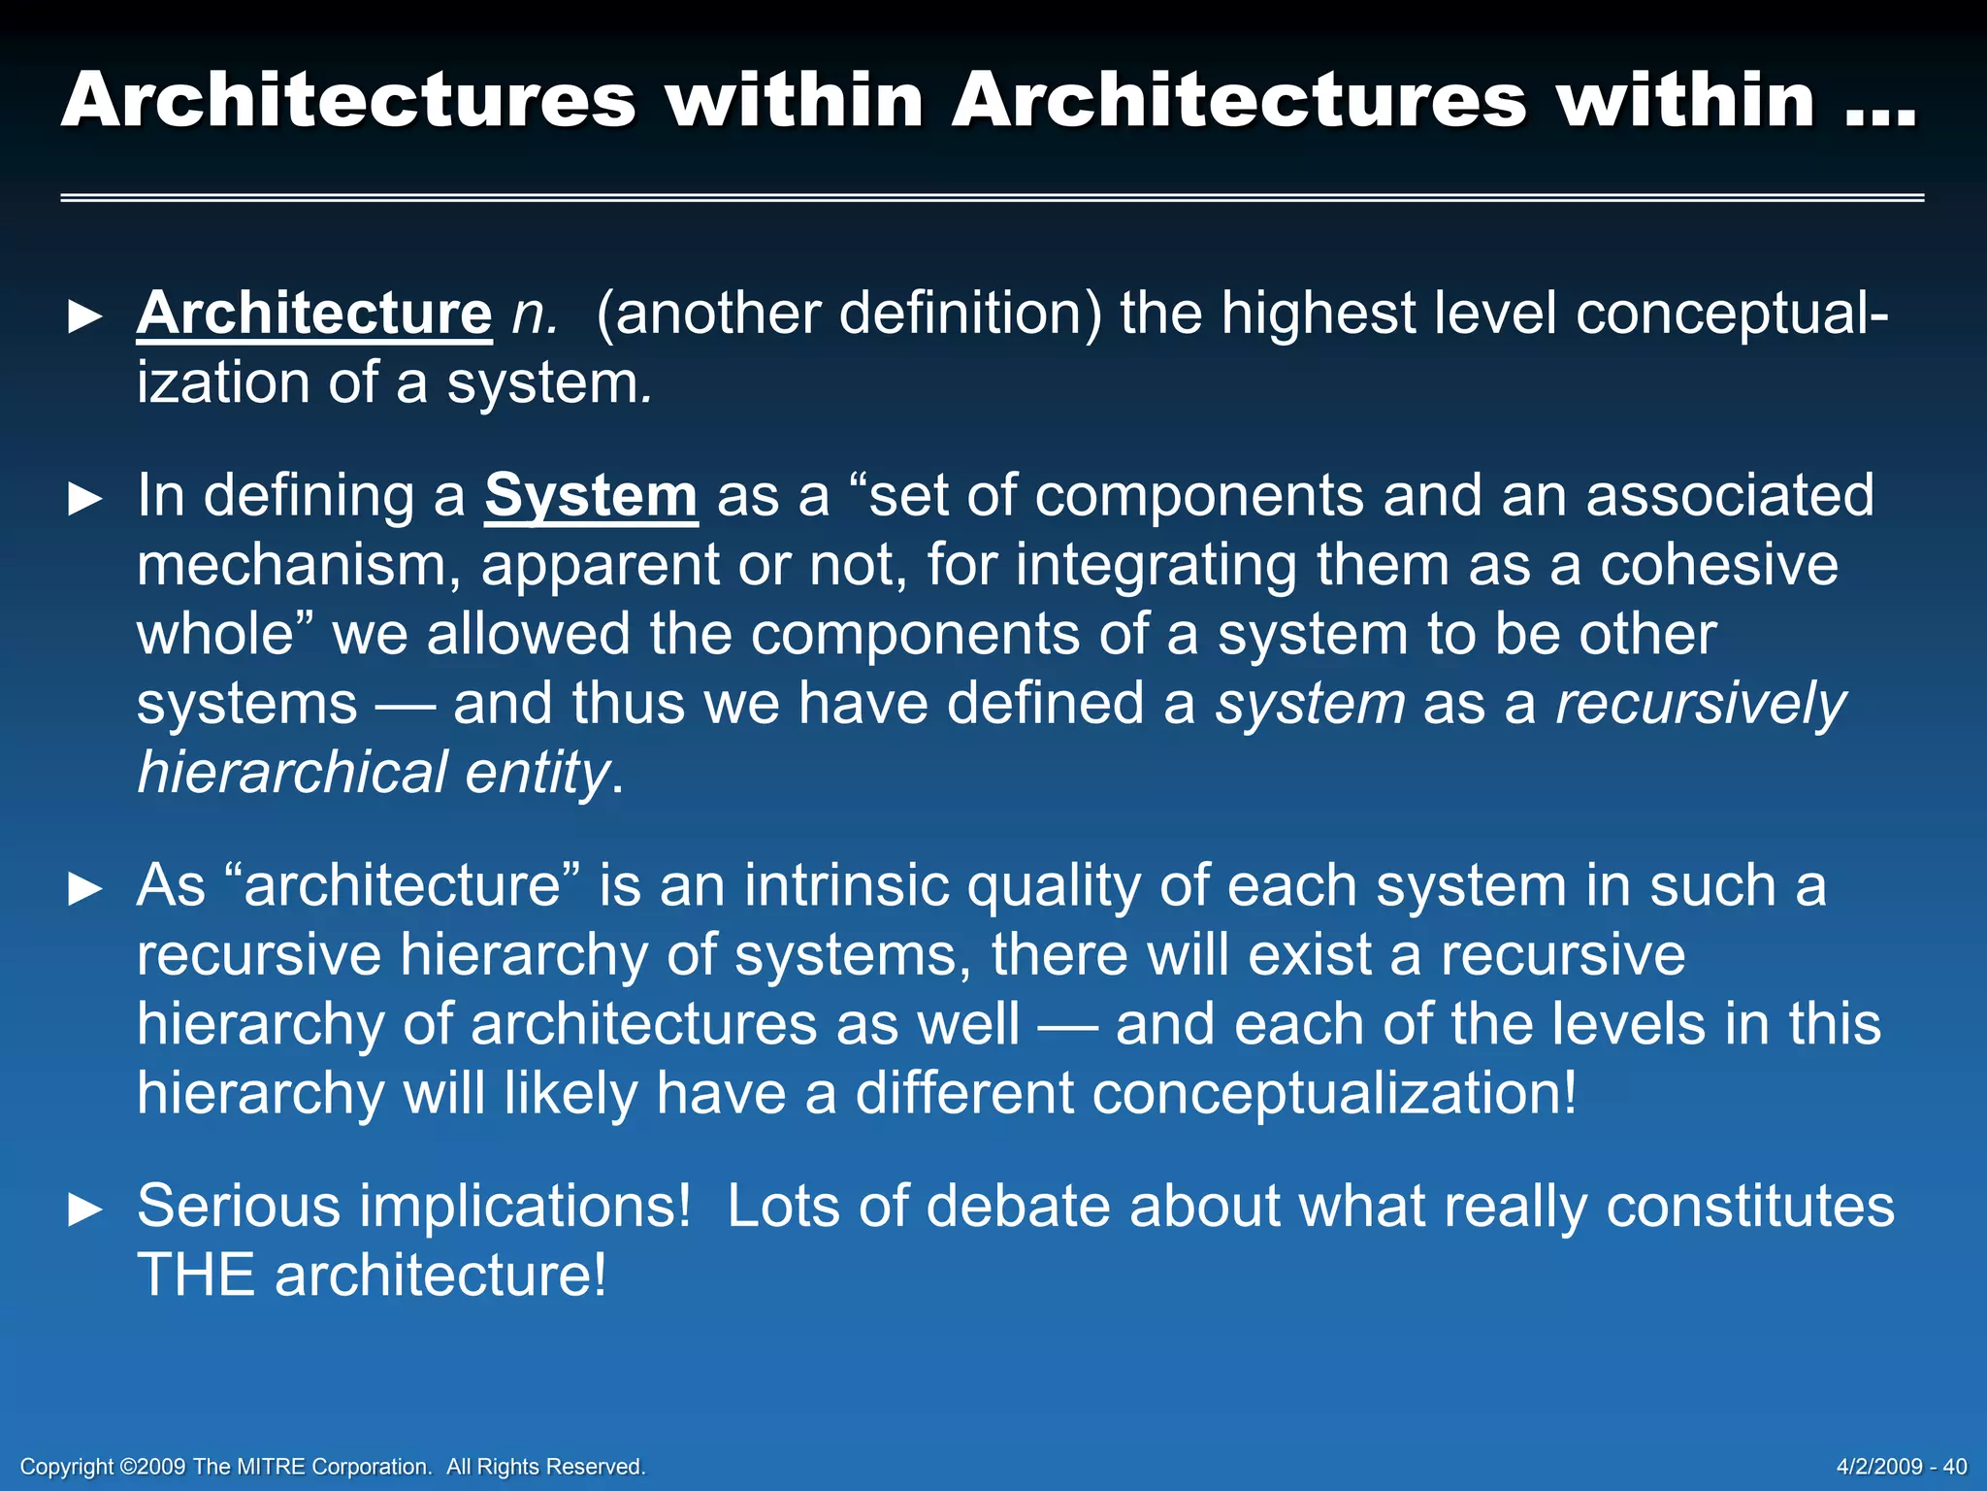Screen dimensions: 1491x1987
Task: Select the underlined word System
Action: [591, 495]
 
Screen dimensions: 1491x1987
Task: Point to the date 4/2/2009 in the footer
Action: [1879, 1466]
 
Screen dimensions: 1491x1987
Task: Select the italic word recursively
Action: [1701, 703]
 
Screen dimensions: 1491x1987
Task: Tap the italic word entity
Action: [537, 773]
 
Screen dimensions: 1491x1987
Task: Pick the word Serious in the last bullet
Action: [239, 1206]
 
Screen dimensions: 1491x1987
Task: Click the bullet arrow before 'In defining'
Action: [85, 499]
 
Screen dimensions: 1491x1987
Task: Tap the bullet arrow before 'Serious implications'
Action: [85, 1209]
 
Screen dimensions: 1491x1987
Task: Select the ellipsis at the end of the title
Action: [1880, 105]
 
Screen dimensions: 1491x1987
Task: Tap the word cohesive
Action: [1718, 565]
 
